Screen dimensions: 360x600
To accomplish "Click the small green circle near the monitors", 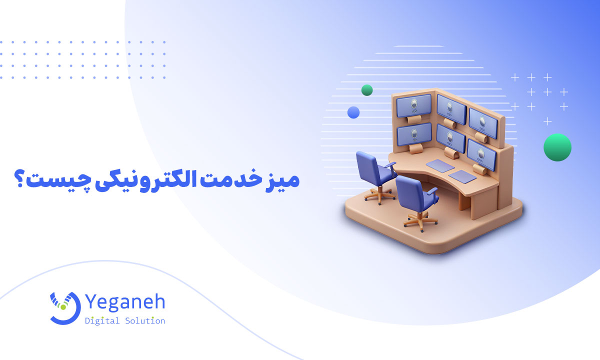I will click(x=367, y=90).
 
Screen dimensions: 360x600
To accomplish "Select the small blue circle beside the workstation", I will click(x=353, y=112).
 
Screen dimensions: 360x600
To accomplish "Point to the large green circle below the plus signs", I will click(x=557, y=147).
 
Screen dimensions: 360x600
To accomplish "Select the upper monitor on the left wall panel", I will click(x=413, y=105).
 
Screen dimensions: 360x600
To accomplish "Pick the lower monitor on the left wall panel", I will click(x=414, y=133).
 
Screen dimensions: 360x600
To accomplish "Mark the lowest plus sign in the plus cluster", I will click(x=548, y=121).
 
